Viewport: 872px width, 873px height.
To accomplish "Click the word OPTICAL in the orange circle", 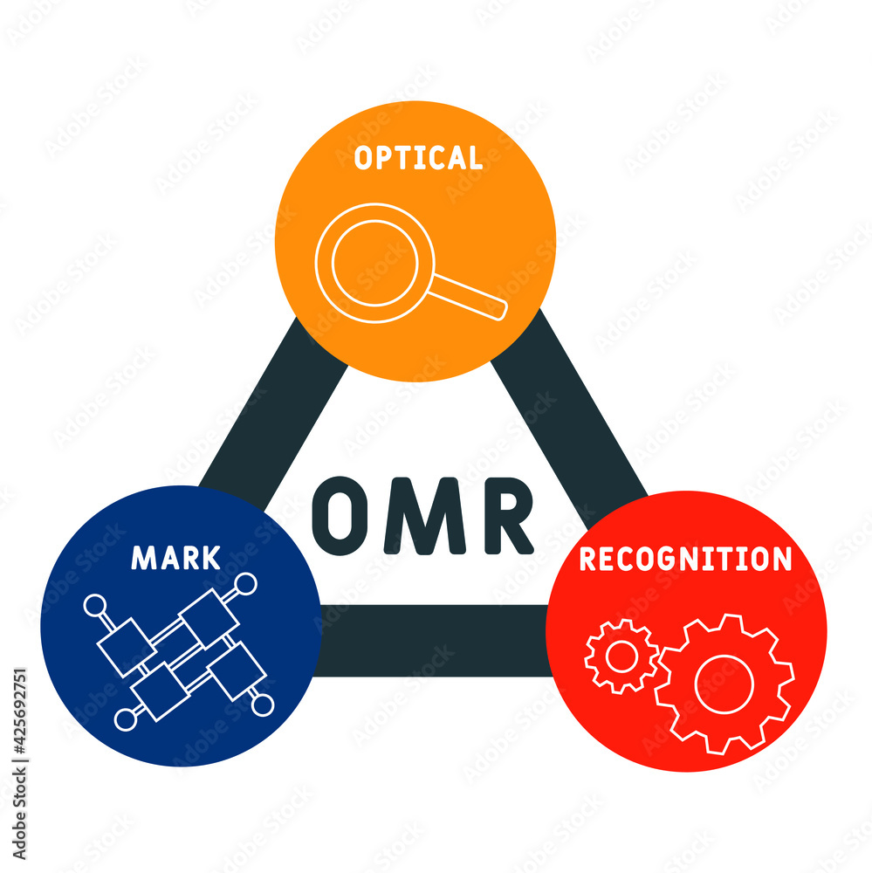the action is [x=417, y=158].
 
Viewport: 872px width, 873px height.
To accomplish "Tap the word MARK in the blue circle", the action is [x=175, y=557].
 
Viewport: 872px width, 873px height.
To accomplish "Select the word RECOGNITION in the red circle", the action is [x=685, y=559].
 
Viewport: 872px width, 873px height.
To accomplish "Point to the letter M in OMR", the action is [x=422, y=516].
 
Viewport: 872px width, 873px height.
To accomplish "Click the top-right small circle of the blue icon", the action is [x=247, y=582].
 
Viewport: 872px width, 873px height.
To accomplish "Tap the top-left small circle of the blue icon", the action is [x=94, y=604].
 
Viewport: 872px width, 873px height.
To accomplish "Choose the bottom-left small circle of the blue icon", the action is [x=126, y=718].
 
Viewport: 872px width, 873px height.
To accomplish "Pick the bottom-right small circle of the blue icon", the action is [x=263, y=704].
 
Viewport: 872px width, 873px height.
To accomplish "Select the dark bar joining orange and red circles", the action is [x=567, y=410].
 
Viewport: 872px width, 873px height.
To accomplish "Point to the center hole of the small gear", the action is [x=621, y=657].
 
